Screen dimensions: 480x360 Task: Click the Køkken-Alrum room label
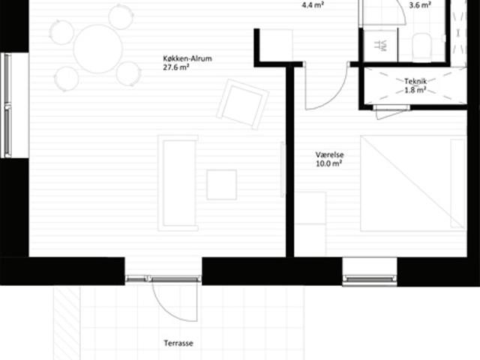tap(187, 58)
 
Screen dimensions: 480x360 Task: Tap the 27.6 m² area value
tap(175, 67)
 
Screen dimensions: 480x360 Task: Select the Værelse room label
tap(330, 154)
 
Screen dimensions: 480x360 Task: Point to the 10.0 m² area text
tap(328, 163)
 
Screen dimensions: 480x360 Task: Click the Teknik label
tap(415, 81)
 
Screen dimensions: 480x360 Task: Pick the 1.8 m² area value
tap(415, 90)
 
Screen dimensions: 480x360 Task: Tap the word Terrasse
tap(178, 343)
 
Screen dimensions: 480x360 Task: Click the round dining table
tap(98, 49)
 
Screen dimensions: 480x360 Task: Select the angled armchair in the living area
tap(242, 104)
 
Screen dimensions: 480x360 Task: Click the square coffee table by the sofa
tap(222, 185)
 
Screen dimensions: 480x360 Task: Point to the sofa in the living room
tap(178, 183)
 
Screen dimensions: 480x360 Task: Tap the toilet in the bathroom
tap(421, 47)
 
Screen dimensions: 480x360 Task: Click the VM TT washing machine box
tap(380, 46)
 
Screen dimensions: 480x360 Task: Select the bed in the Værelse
tap(413, 183)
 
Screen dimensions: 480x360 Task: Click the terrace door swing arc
tap(167, 310)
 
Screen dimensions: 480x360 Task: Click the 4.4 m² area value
tap(313, 5)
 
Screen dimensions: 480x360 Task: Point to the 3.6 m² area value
tap(420, 5)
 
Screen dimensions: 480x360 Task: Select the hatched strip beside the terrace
tap(67, 323)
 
